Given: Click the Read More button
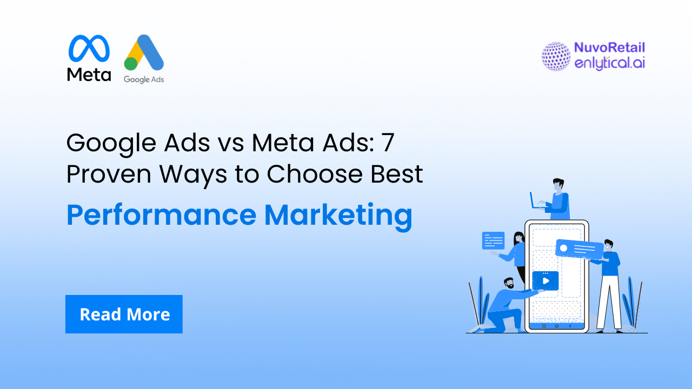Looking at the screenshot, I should point(124,314).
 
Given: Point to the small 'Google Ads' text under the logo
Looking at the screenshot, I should point(144,79).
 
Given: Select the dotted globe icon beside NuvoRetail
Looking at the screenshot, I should point(556,56).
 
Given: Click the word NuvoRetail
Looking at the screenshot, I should point(610,48).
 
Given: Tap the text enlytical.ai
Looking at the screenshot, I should point(610,63).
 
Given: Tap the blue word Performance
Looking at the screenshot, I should point(161,215).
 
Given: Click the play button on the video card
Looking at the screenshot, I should point(545,281).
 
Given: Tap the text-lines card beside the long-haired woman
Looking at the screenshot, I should point(493,240).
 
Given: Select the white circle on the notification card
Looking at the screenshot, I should point(563,248).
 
